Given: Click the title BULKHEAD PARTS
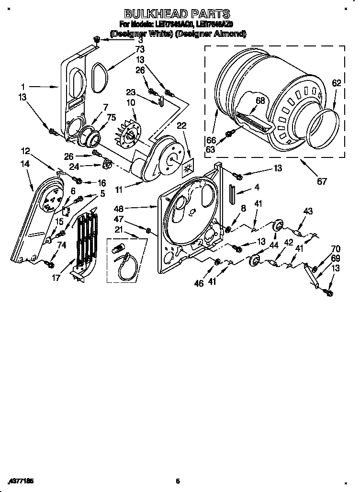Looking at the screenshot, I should (x=177, y=14).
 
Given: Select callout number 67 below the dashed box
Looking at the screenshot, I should (x=322, y=181).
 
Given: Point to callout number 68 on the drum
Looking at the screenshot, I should (x=260, y=101).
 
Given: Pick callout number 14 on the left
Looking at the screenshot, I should (x=25, y=164).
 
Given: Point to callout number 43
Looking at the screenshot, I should (x=307, y=211).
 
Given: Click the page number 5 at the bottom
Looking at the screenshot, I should (x=177, y=481).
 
